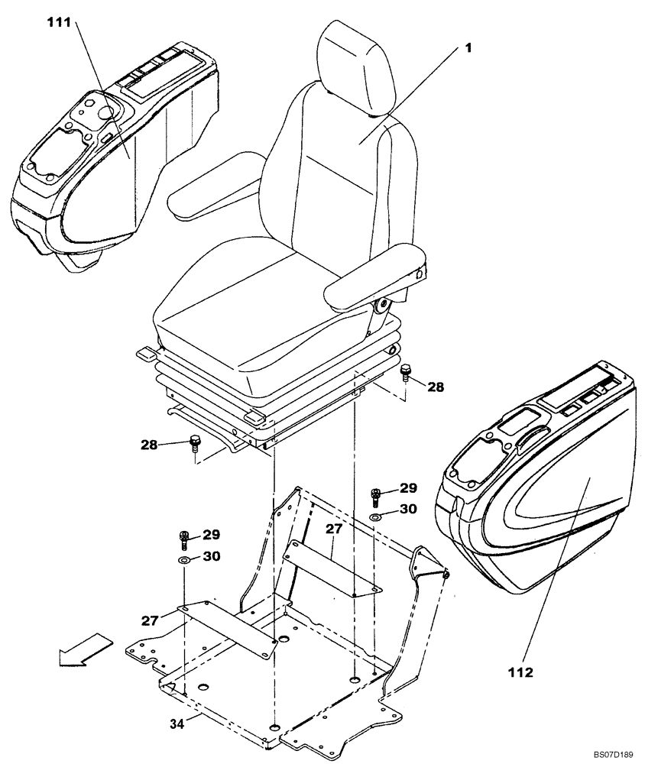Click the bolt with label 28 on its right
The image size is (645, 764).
pos(405,373)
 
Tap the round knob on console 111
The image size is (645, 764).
pos(106,112)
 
